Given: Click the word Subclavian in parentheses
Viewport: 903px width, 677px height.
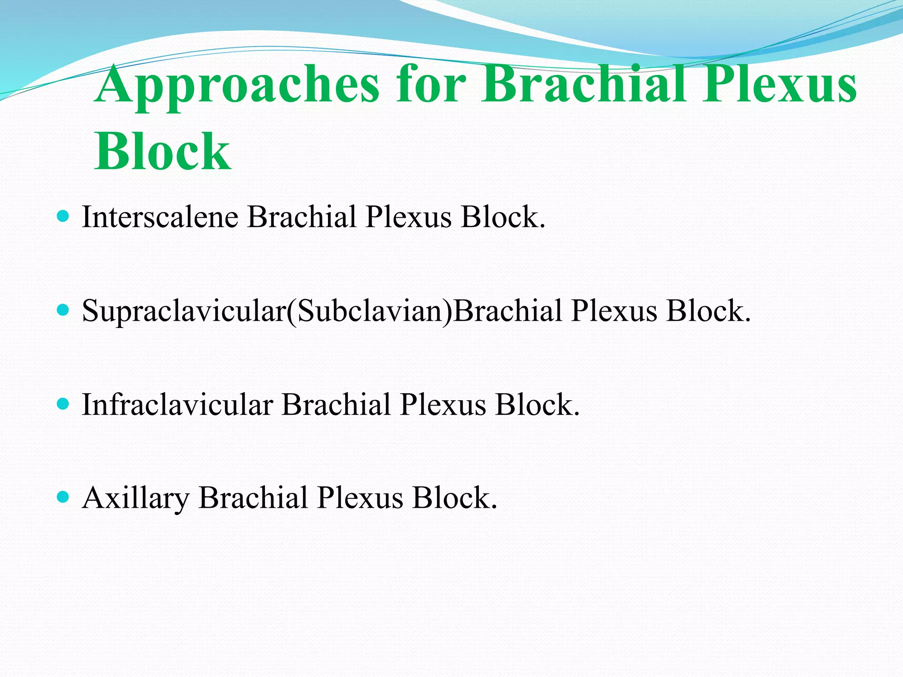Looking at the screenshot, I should pyautogui.click(x=370, y=311).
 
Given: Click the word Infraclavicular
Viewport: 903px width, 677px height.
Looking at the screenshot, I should pyautogui.click(x=177, y=405).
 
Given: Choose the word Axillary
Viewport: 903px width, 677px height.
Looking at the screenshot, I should pyautogui.click(x=135, y=498).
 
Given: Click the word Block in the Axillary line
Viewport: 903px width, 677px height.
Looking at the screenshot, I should pyautogui.click(x=455, y=498).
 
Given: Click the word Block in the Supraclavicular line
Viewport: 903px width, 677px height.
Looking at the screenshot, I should pyautogui.click(x=708, y=311).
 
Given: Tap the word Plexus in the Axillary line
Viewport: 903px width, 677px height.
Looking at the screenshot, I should pyautogui.click(x=360, y=498).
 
